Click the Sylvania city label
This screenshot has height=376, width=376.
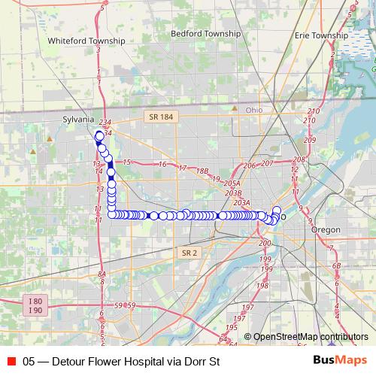(78, 120)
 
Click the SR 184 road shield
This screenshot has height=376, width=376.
(159, 117)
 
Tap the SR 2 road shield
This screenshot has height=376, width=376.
(190, 253)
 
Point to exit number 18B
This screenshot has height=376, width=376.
(202, 171)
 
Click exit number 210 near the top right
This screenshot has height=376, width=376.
(314, 112)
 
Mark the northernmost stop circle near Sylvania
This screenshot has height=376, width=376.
(99, 135)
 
